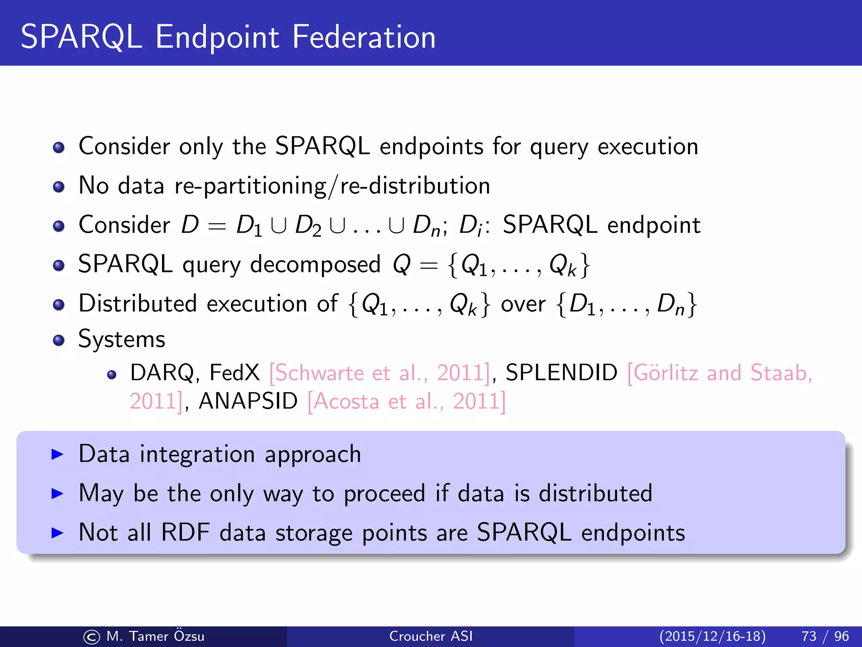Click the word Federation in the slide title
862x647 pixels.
click(364, 37)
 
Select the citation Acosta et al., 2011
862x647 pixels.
click(406, 401)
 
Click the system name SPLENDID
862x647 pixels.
click(561, 373)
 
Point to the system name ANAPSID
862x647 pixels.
click(248, 401)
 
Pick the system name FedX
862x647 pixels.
click(234, 373)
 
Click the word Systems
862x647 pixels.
click(122, 340)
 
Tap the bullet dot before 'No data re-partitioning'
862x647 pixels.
click(59, 187)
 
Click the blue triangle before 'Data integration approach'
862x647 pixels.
click(57, 454)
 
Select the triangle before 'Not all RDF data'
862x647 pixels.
click(57, 533)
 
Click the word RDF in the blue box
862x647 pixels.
click(185, 532)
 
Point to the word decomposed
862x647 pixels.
click(315, 265)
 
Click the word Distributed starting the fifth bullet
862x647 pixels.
click(138, 304)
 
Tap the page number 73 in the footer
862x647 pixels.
click(809, 636)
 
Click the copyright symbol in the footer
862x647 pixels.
click(91, 637)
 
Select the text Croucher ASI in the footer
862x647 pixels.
click(431, 636)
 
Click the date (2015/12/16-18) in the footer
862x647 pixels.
click(712, 636)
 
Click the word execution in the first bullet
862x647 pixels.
click(648, 147)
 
